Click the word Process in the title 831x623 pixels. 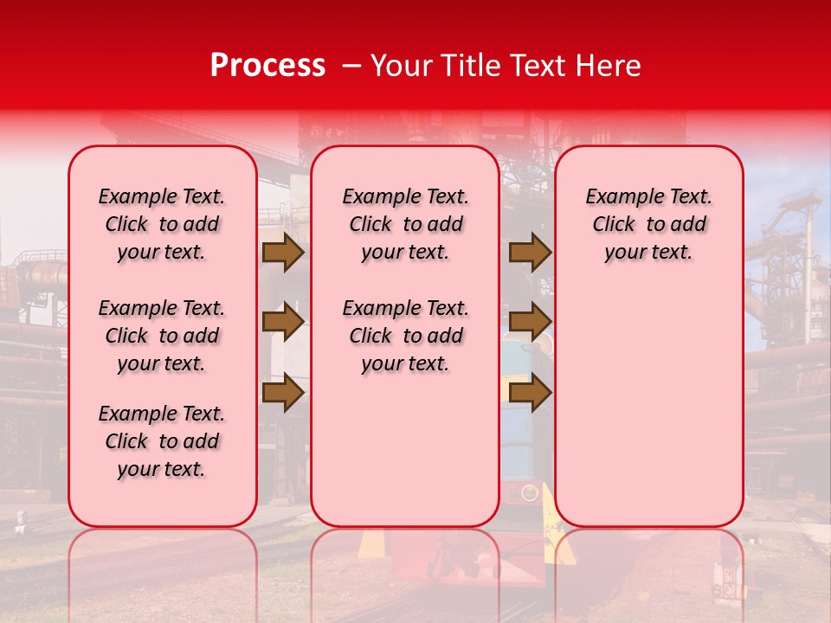pyautogui.click(x=267, y=66)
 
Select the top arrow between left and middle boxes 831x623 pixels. pyautogui.click(x=283, y=253)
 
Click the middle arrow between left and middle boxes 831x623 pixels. pyautogui.click(x=283, y=323)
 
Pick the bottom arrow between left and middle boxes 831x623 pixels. pyautogui.click(x=283, y=392)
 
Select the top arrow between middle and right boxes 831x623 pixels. pyautogui.click(x=530, y=253)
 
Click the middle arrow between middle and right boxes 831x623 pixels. pyautogui.click(x=530, y=323)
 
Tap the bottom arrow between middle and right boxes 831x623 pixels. pyautogui.click(x=530, y=392)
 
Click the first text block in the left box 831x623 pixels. pyautogui.click(x=162, y=224)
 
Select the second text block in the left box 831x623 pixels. pyautogui.click(x=162, y=336)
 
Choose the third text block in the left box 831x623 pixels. pyautogui.click(x=162, y=441)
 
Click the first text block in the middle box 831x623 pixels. pyautogui.click(x=406, y=224)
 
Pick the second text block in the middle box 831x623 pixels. pyautogui.click(x=406, y=336)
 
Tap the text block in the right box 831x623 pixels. pyautogui.click(x=649, y=224)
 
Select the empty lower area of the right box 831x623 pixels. pyautogui.click(x=649, y=407)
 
